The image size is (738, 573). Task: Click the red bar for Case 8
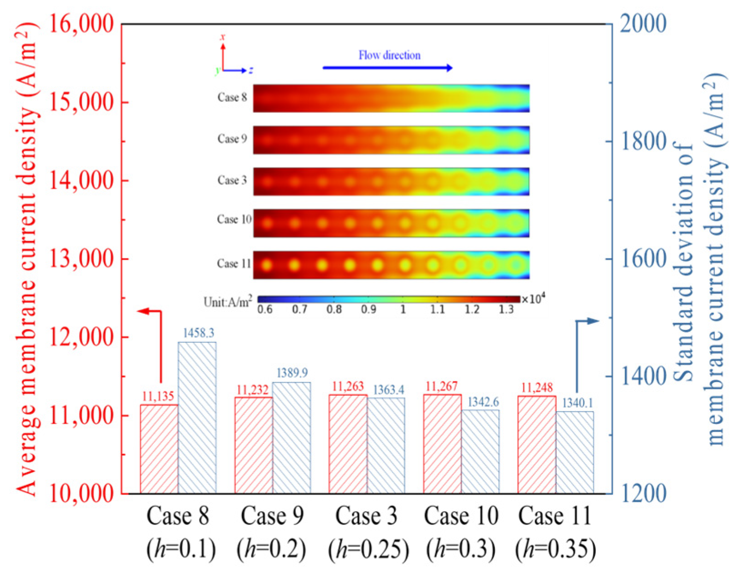[160, 448]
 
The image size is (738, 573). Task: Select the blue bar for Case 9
[292, 438]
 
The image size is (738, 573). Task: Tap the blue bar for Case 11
[575, 452]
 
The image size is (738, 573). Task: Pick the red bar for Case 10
[443, 443]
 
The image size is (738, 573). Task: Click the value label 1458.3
[199, 333]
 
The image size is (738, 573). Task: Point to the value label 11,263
[348, 387]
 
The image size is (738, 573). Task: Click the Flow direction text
[389, 55]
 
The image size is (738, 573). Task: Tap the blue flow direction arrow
[388, 68]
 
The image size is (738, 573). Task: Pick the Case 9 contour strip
[391, 140]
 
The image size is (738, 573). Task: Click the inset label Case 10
[234, 220]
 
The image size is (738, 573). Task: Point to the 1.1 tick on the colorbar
[437, 310]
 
